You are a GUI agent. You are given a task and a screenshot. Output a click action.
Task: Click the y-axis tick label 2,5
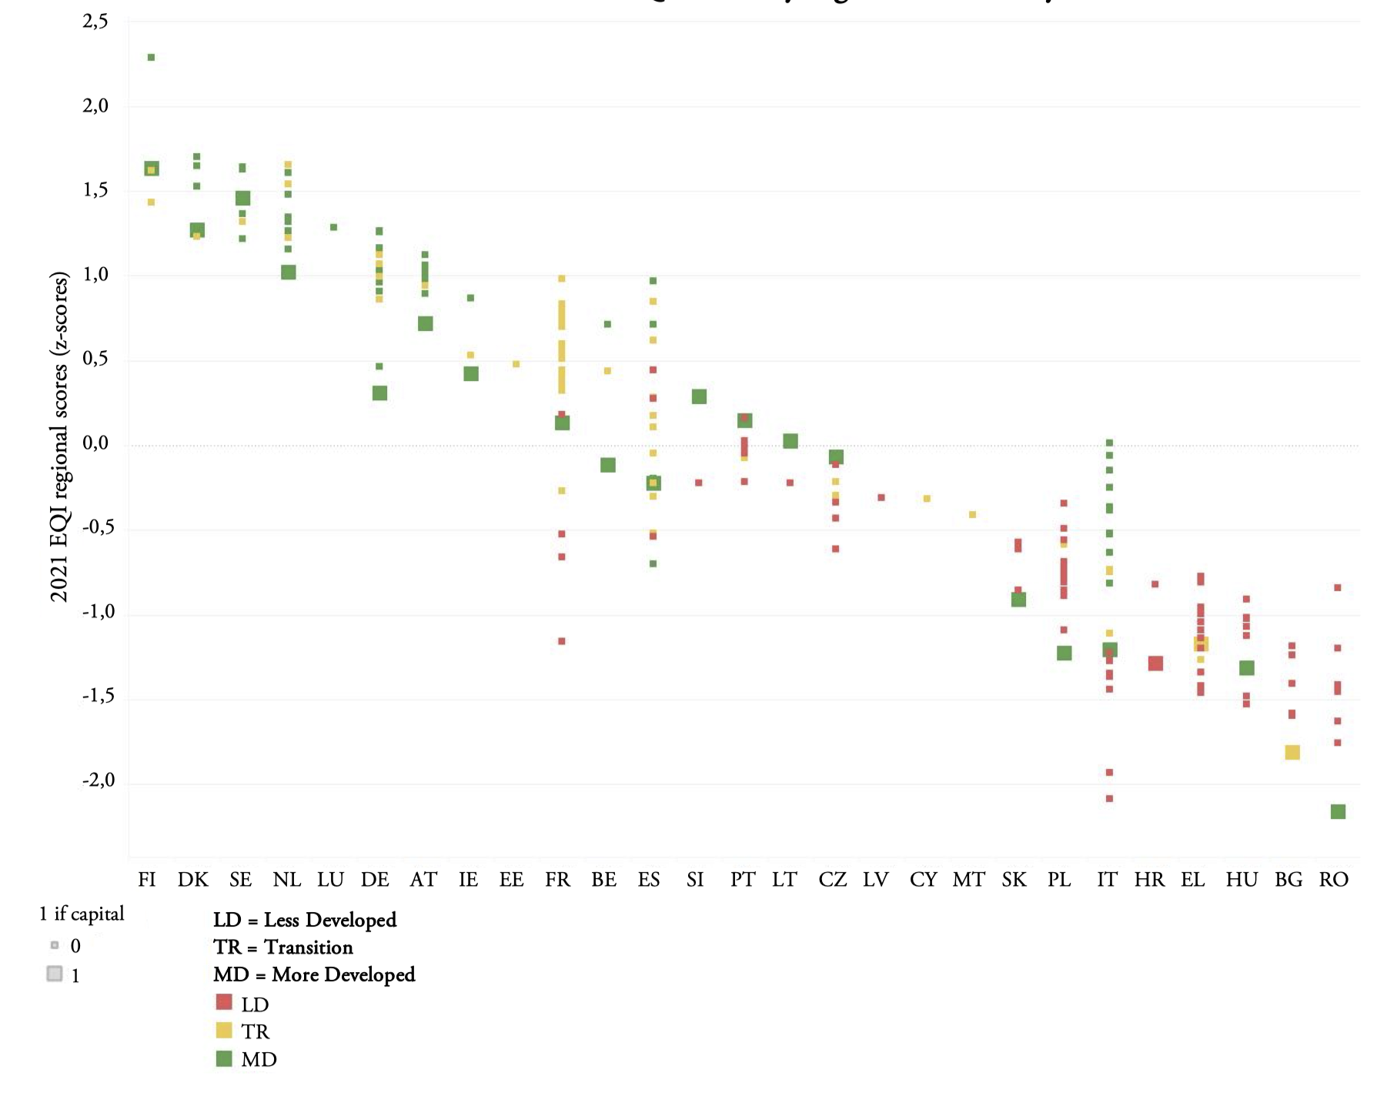coord(95,22)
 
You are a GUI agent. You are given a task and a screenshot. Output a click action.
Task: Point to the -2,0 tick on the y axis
coord(99,780)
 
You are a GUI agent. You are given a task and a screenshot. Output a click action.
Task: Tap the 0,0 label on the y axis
coord(95,443)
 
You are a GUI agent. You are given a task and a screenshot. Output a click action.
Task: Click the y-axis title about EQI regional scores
coord(59,436)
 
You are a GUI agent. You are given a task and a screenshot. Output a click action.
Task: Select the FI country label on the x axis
coord(147,879)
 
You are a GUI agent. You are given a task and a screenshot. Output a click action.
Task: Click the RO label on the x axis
coord(1334,879)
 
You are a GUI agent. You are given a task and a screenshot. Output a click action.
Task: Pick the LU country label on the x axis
coord(330,879)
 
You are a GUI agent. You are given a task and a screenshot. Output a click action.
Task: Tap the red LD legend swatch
coord(224,1002)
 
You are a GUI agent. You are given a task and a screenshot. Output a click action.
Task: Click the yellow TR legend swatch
coord(224,1030)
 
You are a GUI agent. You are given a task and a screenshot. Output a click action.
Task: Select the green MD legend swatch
coord(224,1058)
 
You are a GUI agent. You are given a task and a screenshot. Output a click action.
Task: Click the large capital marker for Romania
coord(1338,811)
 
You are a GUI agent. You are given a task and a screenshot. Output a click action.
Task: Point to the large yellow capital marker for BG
coord(1292,752)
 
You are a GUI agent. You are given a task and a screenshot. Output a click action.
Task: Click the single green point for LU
coord(333,227)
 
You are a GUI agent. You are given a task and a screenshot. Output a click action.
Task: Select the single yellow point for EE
coord(516,364)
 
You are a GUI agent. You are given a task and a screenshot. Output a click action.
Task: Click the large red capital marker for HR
coord(1155,663)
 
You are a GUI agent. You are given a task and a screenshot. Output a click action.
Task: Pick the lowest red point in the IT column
coord(1109,798)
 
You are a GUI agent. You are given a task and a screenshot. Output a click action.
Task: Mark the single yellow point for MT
coord(972,514)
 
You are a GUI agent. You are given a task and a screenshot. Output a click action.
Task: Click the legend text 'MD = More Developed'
coord(314,974)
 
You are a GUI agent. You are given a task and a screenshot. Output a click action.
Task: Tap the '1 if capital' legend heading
coord(82,914)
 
